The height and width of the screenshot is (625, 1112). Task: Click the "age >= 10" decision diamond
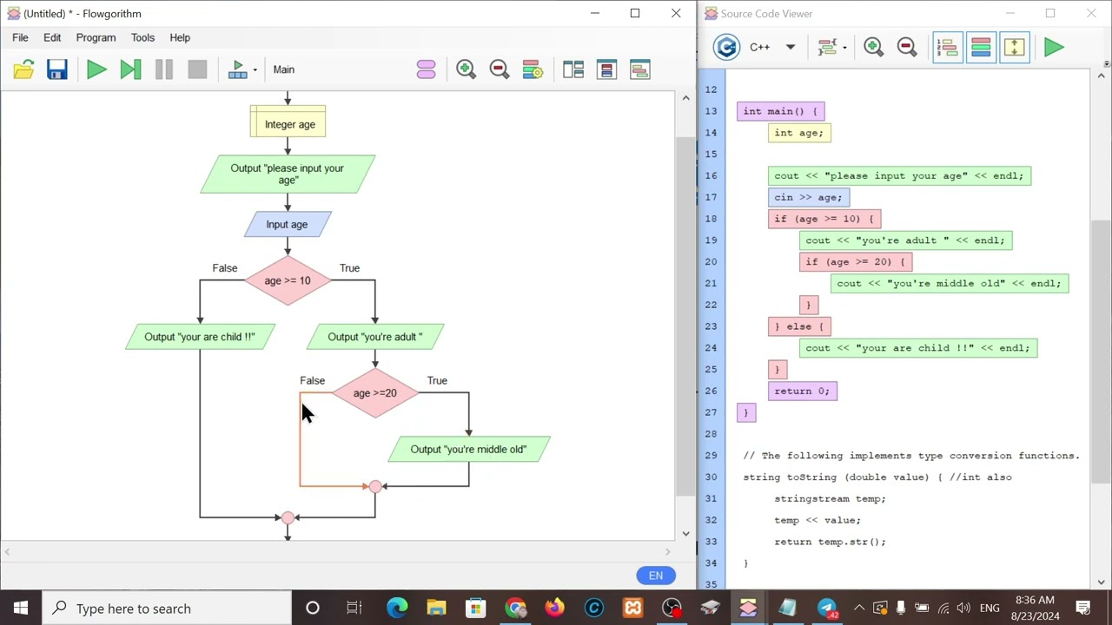click(x=288, y=280)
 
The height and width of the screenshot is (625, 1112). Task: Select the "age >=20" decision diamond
click(x=375, y=393)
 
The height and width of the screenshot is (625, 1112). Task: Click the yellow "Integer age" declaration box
click(x=288, y=121)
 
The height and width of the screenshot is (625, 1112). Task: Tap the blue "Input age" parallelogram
click(x=288, y=224)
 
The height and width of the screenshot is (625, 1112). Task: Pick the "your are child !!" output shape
click(x=200, y=337)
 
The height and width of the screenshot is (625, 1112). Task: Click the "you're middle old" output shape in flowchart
click(x=468, y=449)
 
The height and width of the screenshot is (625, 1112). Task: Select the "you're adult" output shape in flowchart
click(x=375, y=337)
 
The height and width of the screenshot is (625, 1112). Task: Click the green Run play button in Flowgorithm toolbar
click(x=96, y=69)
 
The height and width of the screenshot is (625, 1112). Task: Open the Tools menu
click(x=142, y=37)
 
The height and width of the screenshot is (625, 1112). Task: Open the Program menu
click(x=96, y=37)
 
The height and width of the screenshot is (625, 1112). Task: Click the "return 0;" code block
click(x=802, y=391)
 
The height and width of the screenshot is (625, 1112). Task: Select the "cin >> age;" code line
click(x=809, y=197)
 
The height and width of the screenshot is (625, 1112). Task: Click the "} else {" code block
click(x=799, y=326)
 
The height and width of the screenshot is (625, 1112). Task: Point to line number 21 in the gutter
click(x=711, y=283)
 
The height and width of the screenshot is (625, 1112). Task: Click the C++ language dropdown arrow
click(x=791, y=47)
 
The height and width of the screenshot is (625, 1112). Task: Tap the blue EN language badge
click(x=656, y=576)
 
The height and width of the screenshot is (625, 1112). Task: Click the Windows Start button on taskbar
click(x=21, y=608)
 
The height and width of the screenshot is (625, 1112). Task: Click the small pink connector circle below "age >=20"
click(x=375, y=487)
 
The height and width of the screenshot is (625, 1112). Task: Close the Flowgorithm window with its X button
click(x=676, y=13)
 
